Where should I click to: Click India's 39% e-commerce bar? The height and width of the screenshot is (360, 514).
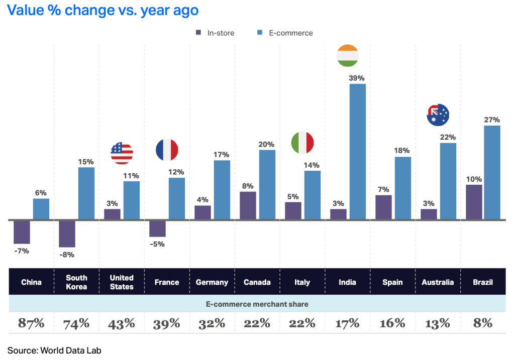pyautogui.click(x=358, y=152)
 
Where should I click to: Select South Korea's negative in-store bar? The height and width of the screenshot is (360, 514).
pyautogui.click(x=67, y=233)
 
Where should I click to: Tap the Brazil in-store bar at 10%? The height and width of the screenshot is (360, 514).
pyautogui.click(x=474, y=202)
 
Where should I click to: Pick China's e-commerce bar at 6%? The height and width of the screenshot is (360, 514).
pyautogui.click(x=41, y=209)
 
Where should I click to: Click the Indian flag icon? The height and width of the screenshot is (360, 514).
pyautogui.click(x=347, y=55)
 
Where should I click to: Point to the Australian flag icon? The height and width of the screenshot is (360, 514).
pyautogui.click(x=438, y=115)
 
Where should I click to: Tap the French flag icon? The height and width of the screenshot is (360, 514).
pyautogui.click(x=167, y=150)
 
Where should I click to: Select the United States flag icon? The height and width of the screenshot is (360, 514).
pyautogui.click(x=122, y=153)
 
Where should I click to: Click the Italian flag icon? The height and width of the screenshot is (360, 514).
pyautogui.click(x=302, y=143)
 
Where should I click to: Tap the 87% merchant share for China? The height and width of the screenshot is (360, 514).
pyautogui.click(x=31, y=323)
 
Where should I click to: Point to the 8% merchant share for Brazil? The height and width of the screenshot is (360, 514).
pyautogui.click(x=483, y=323)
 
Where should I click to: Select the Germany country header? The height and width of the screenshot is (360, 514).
pyautogui.click(x=212, y=282)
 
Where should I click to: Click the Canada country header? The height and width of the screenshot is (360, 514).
pyautogui.click(x=257, y=282)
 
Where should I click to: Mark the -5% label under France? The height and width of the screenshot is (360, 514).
pyautogui.click(x=157, y=244)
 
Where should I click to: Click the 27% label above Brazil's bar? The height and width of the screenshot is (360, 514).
pyautogui.click(x=492, y=119)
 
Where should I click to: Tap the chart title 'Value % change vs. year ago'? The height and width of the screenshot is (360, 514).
pyautogui.click(x=103, y=10)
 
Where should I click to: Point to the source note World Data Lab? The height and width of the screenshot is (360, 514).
pyautogui.click(x=54, y=350)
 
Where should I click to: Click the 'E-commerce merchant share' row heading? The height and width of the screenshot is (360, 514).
pyautogui.click(x=257, y=304)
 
